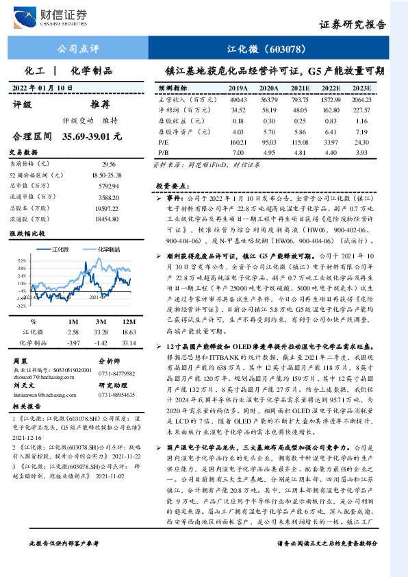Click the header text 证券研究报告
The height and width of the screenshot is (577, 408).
(352, 25)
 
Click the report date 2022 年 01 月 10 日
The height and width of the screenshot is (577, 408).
(42, 88)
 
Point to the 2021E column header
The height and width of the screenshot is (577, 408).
(300, 88)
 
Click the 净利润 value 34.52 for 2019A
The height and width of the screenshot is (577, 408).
(238, 110)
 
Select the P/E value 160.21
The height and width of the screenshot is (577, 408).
(238, 141)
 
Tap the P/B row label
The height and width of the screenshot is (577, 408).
(164, 151)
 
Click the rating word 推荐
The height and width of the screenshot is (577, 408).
(100, 105)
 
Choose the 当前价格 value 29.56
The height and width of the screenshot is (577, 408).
(109, 165)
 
